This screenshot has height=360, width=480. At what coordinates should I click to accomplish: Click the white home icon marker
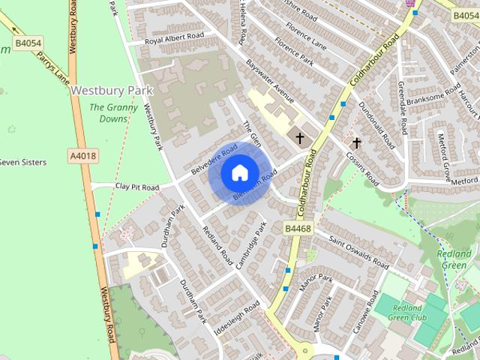click(x=238, y=172)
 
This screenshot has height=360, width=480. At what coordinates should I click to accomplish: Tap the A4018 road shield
click(x=82, y=156)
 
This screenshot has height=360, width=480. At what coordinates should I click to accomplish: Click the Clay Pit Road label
click(x=137, y=187)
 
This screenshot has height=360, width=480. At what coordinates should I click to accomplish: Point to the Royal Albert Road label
click(x=174, y=40)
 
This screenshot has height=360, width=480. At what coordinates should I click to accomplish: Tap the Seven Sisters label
click(x=22, y=162)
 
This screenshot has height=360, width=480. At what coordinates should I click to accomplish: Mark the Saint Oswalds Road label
click(x=359, y=251)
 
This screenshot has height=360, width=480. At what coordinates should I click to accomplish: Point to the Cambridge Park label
click(x=252, y=244)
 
